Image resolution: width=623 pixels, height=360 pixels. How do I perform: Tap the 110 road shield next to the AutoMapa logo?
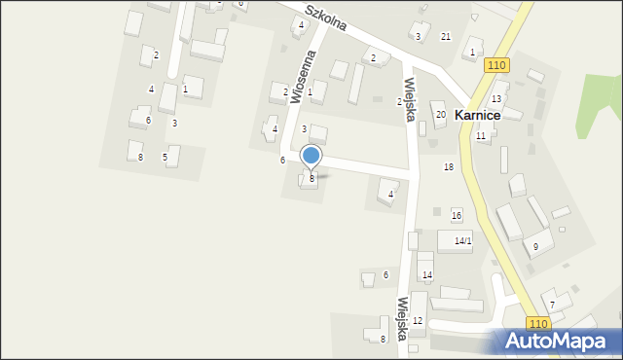(x=538, y=323)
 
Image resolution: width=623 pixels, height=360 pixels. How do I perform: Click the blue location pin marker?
(x=311, y=156)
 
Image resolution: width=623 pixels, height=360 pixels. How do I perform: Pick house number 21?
(x=446, y=37)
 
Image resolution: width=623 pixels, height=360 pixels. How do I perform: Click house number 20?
(x=440, y=115)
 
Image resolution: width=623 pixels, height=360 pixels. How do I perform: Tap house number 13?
(x=495, y=99)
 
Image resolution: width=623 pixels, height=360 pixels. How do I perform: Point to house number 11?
(x=481, y=135)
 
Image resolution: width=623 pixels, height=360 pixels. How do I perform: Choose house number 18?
(x=449, y=167)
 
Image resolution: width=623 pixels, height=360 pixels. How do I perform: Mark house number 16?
(x=457, y=215)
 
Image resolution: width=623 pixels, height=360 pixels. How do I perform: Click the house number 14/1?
(x=462, y=240)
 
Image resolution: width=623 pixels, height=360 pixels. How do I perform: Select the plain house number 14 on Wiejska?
(x=426, y=275)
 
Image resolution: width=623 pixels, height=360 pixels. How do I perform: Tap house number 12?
(x=418, y=321)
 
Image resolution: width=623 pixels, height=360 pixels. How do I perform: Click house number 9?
(x=535, y=247)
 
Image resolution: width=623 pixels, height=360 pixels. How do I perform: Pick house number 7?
(x=552, y=306)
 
